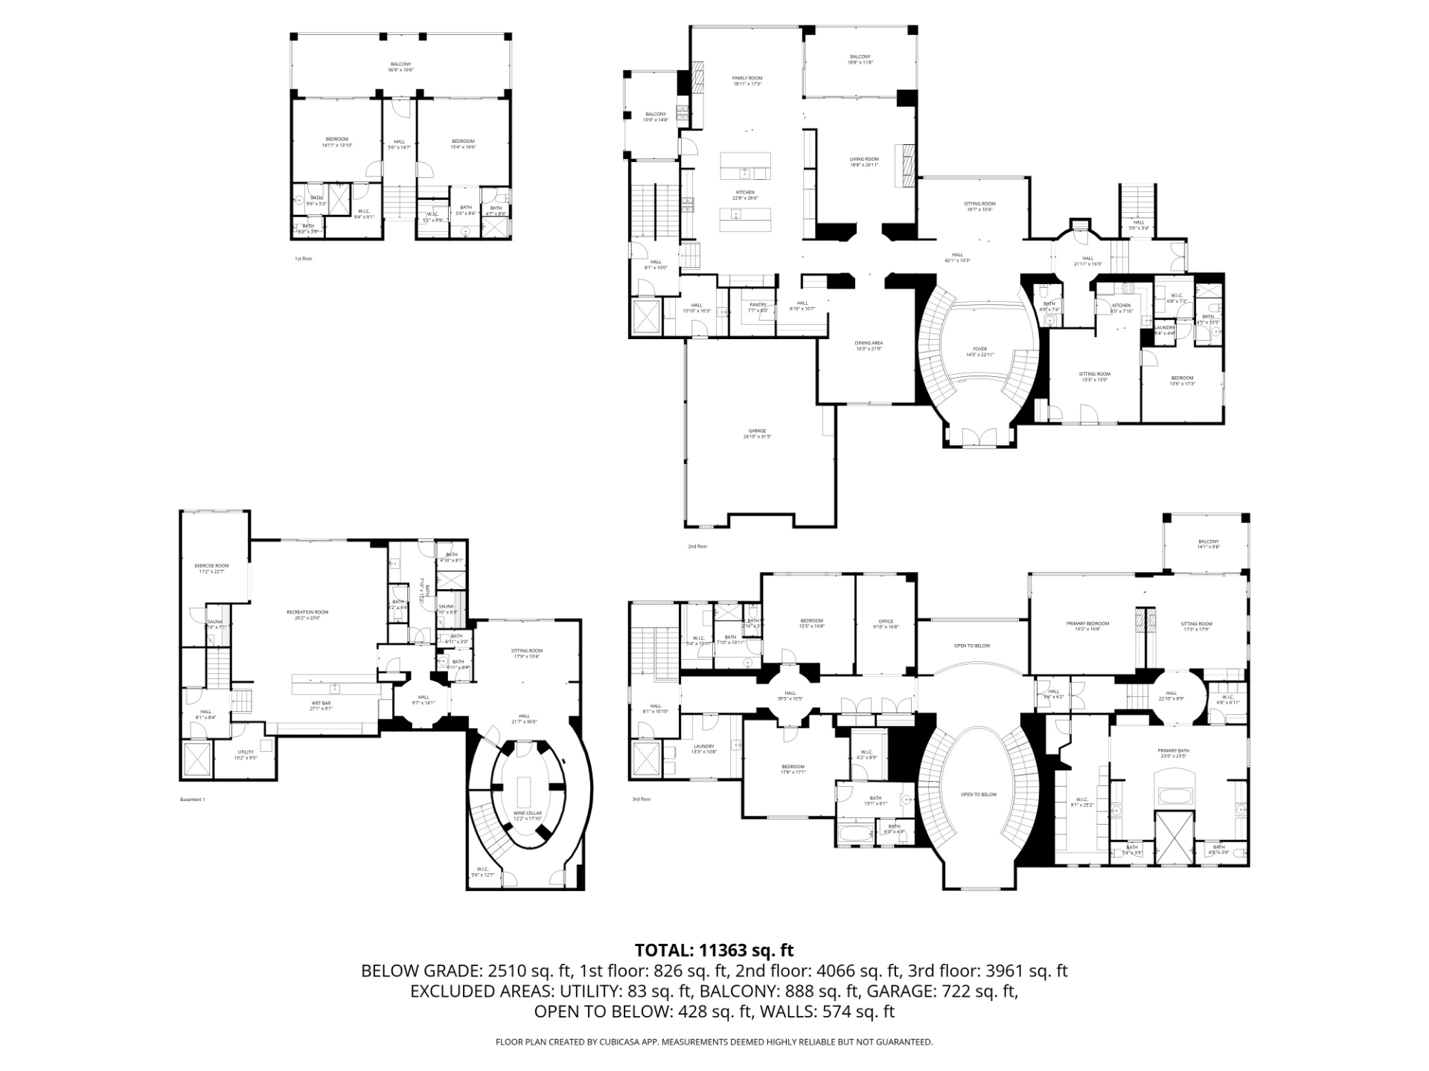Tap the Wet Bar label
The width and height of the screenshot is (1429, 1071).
(x=322, y=705)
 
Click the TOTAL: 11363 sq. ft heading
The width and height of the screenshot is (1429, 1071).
(x=714, y=951)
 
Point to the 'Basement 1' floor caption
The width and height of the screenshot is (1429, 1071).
(x=192, y=800)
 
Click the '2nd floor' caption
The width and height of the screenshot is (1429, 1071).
(x=697, y=547)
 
